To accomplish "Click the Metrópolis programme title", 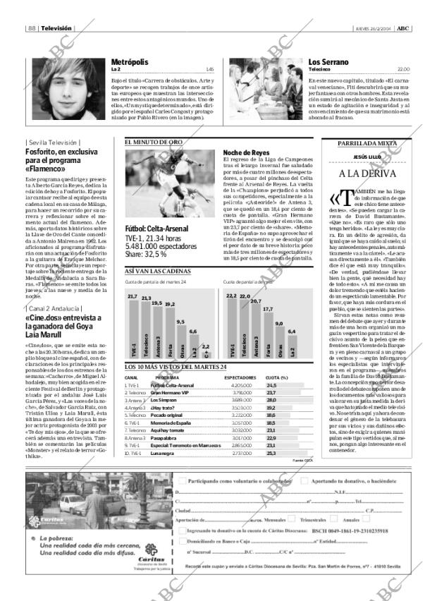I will [131, 62].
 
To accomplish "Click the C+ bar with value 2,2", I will [205, 352].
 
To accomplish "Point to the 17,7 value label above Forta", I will [267, 309].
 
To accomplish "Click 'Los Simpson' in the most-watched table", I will [163, 400].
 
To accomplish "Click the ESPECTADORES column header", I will [240, 377].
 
